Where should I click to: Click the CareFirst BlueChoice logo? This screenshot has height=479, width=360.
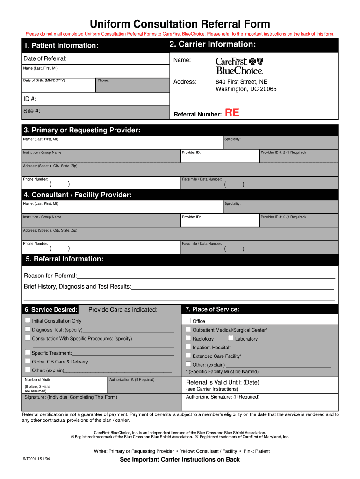tap(239, 65)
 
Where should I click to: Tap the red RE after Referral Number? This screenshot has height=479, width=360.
tap(232, 113)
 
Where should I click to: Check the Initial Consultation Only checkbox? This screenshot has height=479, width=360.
tap(28, 320)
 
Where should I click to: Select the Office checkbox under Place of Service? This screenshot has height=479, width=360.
tap(188, 320)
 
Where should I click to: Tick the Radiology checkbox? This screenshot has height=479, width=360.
tap(188, 338)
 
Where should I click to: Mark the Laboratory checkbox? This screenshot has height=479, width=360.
tap(231, 338)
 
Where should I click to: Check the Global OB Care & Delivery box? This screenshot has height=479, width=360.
tap(28, 361)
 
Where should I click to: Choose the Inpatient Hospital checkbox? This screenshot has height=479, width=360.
tap(188, 347)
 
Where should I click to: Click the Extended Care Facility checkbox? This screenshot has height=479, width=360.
tap(188, 356)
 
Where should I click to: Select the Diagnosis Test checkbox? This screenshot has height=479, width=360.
tap(28, 329)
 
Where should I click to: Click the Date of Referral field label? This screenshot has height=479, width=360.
tap(45, 58)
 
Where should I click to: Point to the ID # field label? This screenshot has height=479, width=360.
tap(30, 99)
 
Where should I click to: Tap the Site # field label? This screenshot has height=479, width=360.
tap(32, 111)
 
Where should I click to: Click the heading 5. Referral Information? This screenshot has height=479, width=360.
tap(65, 259)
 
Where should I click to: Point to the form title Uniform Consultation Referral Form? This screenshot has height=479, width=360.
tap(180, 24)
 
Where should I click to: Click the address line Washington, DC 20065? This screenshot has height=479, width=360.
tap(246, 89)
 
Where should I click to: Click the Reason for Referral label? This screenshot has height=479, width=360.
tap(50, 276)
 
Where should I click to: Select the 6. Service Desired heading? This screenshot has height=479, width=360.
tap(51, 310)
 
